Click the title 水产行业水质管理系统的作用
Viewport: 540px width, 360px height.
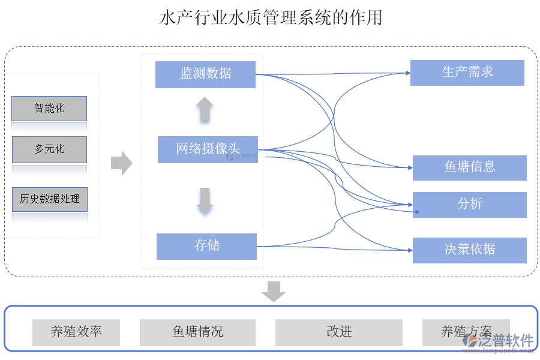[x=271, y=17]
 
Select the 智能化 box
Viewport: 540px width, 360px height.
[x=49, y=109]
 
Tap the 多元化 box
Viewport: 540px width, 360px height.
[x=49, y=149]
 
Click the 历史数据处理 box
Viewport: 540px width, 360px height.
[x=49, y=199]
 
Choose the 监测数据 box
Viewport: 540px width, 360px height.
[x=205, y=74]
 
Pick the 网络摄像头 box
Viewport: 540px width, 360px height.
[x=208, y=149]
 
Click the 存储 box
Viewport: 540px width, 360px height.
[x=206, y=246]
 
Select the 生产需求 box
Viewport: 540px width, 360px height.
[x=467, y=73]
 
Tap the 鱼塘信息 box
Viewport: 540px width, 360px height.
[x=469, y=167]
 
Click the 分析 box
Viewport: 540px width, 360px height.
[x=469, y=205]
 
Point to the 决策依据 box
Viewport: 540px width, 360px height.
[x=469, y=250]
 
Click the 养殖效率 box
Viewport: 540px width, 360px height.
[x=76, y=332]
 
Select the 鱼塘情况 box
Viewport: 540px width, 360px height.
[x=197, y=332]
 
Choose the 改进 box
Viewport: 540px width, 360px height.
[x=338, y=332]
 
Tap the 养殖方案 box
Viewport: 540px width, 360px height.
[x=466, y=332]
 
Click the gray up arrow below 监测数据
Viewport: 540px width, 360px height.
[x=205, y=110]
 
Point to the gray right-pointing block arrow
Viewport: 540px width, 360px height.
[x=122, y=163]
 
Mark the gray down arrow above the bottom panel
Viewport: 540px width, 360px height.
[x=274, y=291]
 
